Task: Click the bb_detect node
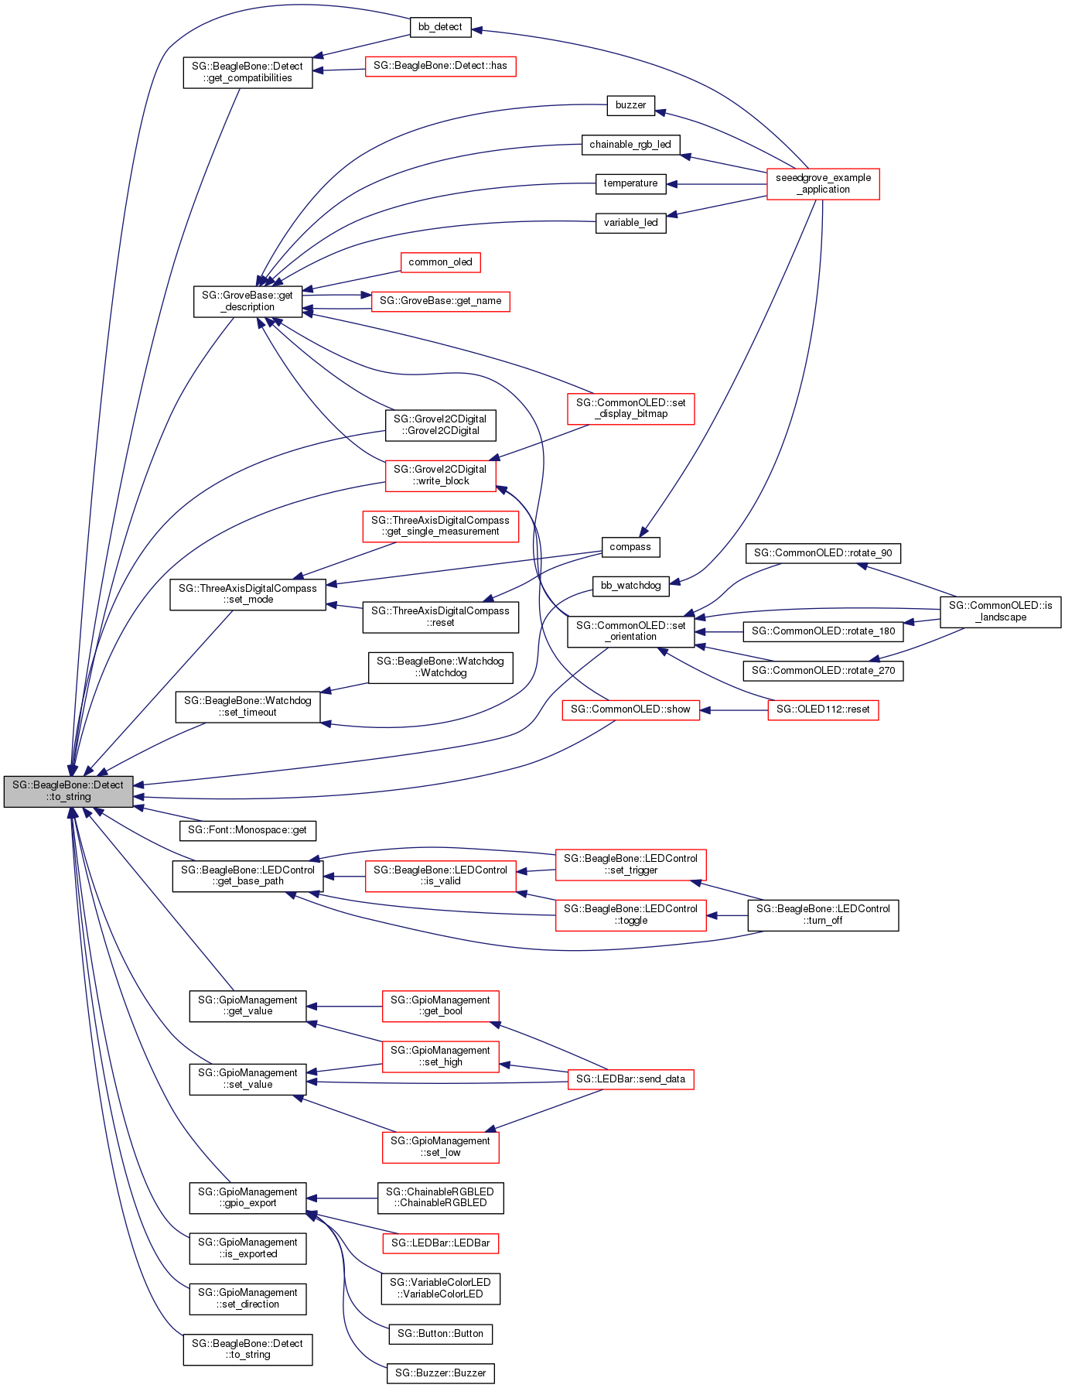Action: tap(439, 27)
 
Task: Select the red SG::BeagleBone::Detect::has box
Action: tap(440, 66)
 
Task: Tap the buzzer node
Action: tap(630, 105)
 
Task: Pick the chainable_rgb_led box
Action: tap(630, 145)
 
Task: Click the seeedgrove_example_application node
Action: tap(823, 183)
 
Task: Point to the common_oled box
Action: tap(440, 262)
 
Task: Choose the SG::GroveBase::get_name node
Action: tap(440, 301)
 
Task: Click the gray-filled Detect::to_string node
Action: tap(68, 791)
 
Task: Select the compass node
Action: tap(630, 547)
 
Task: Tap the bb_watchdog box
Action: tap(630, 586)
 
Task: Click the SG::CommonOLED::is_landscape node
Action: tap(1000, 611)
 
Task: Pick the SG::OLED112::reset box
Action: tap(823, 709)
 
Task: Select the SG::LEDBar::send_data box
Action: tap(630, 1079)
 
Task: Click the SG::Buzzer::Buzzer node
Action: tap(440, 1373)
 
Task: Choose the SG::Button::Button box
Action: tap(440, 1334)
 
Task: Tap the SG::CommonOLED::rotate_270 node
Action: tap(823, 671)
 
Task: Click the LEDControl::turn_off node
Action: tap(823, 915)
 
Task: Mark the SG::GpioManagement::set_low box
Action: tap(440, 1147)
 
